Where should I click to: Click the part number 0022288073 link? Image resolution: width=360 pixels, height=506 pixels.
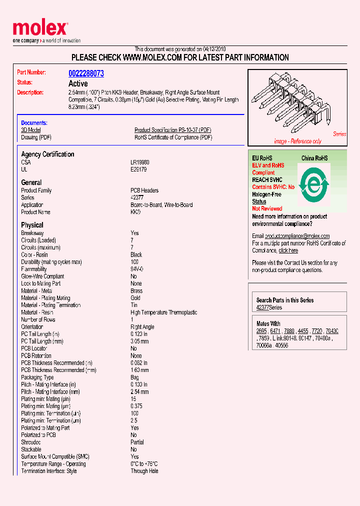click(x=86, y=73)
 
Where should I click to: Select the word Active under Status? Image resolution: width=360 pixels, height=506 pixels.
click(x=78, y=83)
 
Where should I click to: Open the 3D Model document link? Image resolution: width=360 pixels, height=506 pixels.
click(x=30, y=130)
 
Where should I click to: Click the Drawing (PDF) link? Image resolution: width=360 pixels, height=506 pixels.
click(x=36, y=137)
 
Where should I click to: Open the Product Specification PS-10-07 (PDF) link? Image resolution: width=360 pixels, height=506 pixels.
click(x=173, y=130)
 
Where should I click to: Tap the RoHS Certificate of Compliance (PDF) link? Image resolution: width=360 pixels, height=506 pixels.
click(x=173, y=137)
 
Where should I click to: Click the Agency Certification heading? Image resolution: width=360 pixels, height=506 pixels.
click(x=47, y=154)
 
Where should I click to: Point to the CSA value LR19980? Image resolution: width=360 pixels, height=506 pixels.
click(x=140, y=162)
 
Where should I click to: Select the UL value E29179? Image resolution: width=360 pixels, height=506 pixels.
click(x=139, y=169)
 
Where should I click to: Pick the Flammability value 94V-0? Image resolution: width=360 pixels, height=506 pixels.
click(x=137, y=269)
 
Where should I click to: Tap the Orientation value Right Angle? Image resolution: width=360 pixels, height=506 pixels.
click(x=142, y=327)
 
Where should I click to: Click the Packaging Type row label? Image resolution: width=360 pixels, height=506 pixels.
click(x=37, y=377)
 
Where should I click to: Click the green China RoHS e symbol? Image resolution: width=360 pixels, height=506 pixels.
click(x=313, y=185)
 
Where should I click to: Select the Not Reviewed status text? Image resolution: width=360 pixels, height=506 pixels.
click(x=267, y=208)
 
